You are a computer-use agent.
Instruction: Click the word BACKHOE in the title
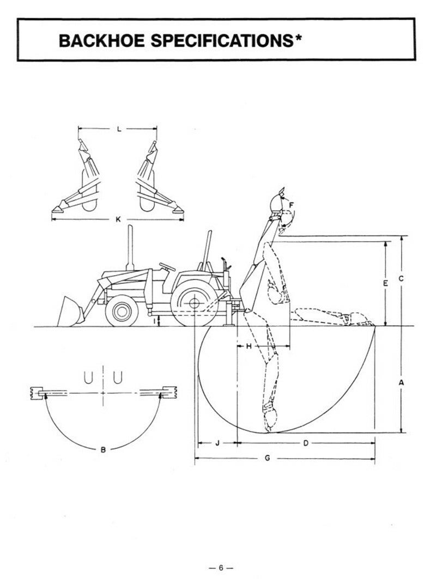pos(101,40)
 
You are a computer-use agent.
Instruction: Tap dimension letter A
pos(401,383)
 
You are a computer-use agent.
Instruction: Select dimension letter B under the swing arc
pos(104,449)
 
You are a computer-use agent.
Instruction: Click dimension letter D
pos(306,443)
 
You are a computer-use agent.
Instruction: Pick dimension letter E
pos(385,283)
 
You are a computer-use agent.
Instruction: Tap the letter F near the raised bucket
pos(292,205)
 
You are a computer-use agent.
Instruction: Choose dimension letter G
pos(267,458)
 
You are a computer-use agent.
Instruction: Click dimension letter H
pos(249,346)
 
